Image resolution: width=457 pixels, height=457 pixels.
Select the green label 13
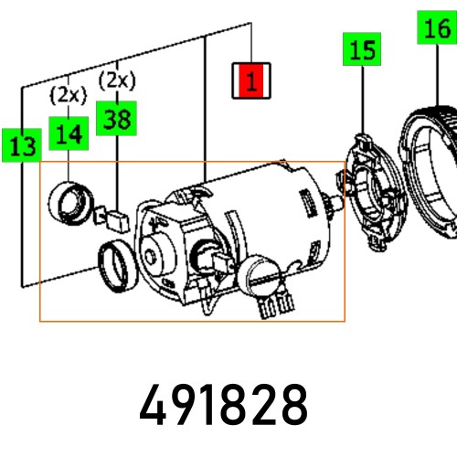point(21,143)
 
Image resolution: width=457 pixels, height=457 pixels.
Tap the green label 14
point(68,133)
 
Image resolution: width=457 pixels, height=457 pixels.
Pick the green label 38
point(116,118)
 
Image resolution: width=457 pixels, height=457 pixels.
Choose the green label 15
point(363,50)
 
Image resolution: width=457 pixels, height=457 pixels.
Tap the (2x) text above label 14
point(67,94)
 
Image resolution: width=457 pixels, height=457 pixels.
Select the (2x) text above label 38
point(116,80)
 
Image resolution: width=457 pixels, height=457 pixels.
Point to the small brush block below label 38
point(116,218)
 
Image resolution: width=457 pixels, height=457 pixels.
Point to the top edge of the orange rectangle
point(192,163)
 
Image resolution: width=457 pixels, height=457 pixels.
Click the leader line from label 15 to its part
point(363,101)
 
